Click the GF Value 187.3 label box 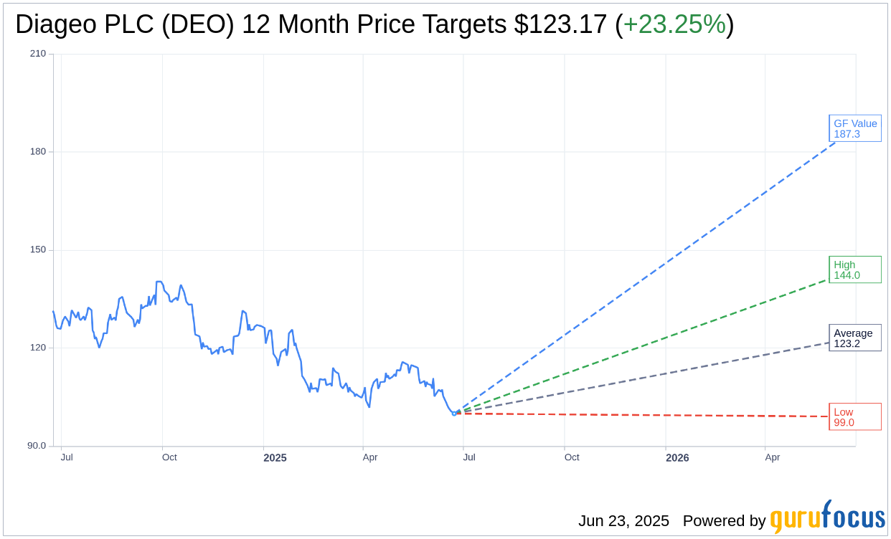tap(855, 128)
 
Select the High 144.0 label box tap(855, 269)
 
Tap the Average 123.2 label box tap(855, 338)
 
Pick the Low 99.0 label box tap(855, 416)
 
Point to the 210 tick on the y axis tap(38, 54)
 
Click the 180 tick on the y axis tap(38, 152)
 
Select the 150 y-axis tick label tap(38, 250)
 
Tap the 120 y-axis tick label tap(38, 348)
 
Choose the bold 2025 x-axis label tap(275, 457)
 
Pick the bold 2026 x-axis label tap(677, 457)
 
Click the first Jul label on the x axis tap(67, 457)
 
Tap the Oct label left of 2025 tap(169, 457)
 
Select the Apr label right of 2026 tap(772, 457)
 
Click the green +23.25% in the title tap(674, 24)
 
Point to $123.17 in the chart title tap(561, 24)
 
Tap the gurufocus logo tap(827, 517)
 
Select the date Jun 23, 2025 tap(623, 521)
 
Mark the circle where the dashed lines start tap(454, 413)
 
